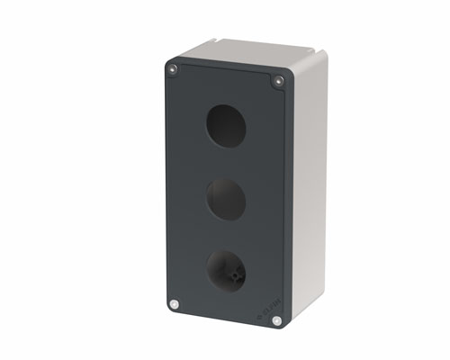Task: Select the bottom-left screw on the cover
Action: point(174,304)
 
